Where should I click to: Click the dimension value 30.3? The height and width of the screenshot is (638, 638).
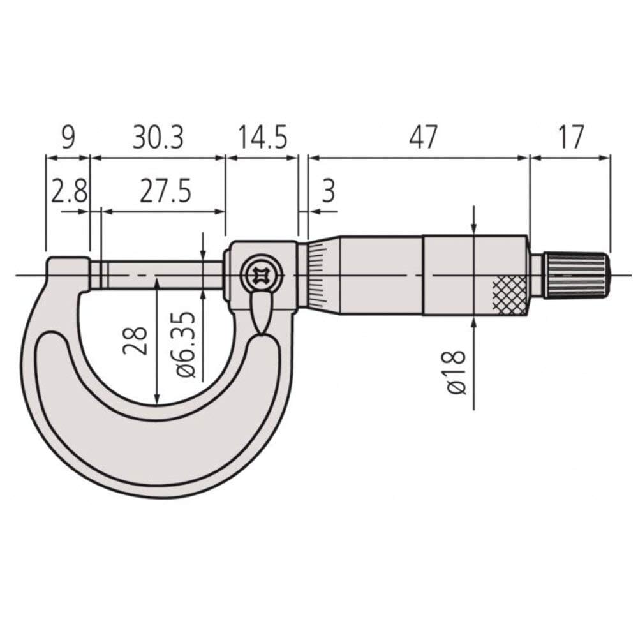coord(158,138)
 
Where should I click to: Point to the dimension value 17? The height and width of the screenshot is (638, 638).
coord(570,138)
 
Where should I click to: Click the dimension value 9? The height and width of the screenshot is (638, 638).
coord(68,138)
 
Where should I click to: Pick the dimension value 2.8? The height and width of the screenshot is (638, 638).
coord(69,192)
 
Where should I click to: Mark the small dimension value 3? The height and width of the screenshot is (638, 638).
coord(328,192)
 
